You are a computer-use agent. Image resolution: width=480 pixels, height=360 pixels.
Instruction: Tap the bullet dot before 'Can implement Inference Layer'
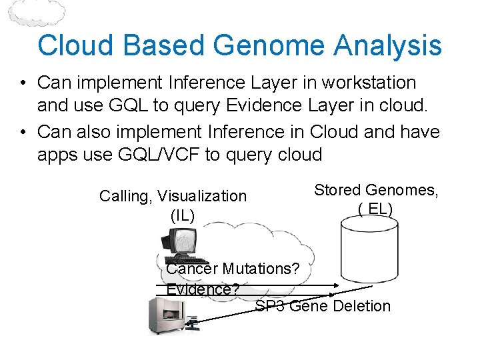click(x=23, y=84)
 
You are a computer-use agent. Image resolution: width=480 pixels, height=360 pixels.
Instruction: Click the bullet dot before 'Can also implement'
click(x=23, y=132)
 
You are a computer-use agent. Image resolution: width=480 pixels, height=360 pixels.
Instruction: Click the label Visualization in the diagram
click(x=202, y=196)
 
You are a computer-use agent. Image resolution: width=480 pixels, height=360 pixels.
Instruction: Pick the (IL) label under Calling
click(x=183, y=215)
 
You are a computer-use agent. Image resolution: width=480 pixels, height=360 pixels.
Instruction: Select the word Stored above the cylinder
click(x=337, y=190)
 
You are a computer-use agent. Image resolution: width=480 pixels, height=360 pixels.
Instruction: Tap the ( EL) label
click(x=376, y=209)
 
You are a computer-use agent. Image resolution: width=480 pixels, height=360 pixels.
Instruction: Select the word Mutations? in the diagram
click(x=261, y=269)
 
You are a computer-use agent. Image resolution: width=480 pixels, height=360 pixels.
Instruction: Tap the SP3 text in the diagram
click(x=270, y=306)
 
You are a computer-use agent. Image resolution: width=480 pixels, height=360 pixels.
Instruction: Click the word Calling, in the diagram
click(x=126, y=196)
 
